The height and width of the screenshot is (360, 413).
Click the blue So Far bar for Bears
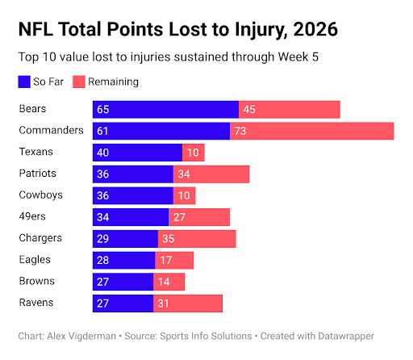[165, 110]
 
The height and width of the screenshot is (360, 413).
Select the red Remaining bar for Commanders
[312, 131]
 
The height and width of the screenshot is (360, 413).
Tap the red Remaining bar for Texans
[194, 153]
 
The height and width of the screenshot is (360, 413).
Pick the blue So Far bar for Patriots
[133, 174]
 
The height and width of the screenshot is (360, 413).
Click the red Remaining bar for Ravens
[188, 303]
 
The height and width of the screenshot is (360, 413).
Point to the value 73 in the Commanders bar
[240, 131]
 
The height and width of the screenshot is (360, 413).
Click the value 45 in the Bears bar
[249, 110]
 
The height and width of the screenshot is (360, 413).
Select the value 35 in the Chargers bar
[169, 239]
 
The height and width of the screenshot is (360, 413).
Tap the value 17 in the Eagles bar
[166, 260]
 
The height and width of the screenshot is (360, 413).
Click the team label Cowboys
[40, 195]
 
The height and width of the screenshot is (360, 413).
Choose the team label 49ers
[32, 216]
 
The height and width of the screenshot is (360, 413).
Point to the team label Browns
[37, 281]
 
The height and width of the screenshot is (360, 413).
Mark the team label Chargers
[40, 238]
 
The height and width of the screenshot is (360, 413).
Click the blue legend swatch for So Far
[24, 82]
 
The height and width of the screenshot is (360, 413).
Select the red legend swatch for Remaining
[79, 82]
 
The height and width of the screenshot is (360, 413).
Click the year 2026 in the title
[315, 29]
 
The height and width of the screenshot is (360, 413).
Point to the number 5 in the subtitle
[315, 57]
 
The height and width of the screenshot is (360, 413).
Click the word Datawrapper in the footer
[346, 337]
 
